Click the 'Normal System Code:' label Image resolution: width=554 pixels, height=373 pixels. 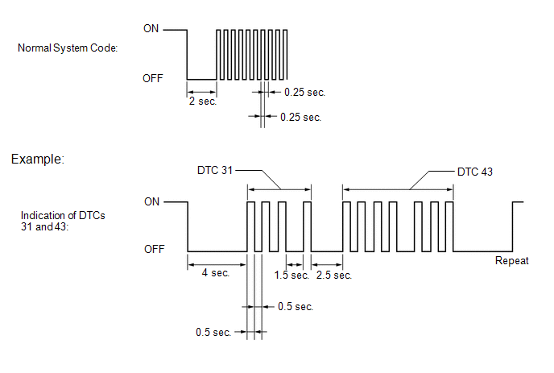68,48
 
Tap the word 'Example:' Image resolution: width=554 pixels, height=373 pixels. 38,159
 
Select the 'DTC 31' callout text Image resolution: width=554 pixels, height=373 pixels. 215,171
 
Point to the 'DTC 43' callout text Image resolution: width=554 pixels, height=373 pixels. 475,172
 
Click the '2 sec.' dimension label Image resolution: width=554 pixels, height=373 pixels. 202,102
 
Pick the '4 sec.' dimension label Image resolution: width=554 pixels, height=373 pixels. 216,273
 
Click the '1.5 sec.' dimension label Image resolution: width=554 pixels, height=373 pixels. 291,275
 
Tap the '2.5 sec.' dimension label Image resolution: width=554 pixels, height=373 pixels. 334,275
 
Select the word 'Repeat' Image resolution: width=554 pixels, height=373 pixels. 511,261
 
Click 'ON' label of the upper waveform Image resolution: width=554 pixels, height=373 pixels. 151,29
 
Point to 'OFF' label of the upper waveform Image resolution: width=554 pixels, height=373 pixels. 153,78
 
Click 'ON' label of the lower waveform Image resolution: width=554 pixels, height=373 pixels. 151,202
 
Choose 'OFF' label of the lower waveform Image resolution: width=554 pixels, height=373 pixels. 154,249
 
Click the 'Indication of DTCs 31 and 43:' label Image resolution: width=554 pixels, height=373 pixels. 63,221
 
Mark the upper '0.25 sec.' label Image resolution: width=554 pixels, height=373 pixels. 304,93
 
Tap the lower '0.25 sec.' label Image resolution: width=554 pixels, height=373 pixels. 300,118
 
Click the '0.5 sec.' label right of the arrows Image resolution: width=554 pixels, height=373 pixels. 296,306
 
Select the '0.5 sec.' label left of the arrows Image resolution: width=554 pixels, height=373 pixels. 213,333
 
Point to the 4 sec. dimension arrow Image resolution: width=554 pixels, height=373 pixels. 217,264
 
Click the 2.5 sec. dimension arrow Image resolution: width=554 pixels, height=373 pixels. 327,264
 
